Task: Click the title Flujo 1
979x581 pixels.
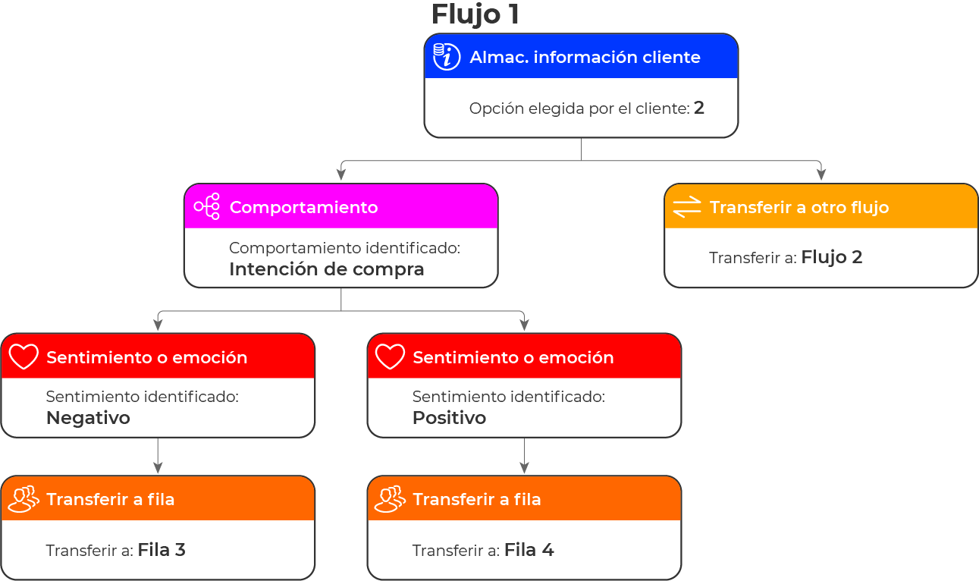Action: tap(475, 15)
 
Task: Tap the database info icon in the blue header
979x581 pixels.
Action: tap(446, 57)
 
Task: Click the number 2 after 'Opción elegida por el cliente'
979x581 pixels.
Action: tap(699, 108)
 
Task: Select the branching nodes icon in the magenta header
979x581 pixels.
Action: tap(207, 206)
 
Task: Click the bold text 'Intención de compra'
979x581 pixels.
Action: tap(327, 269)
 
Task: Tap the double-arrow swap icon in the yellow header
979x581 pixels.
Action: tap(686, 207)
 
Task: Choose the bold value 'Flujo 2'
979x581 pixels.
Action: tap(832, 257)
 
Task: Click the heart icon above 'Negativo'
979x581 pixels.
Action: tap(24, 356)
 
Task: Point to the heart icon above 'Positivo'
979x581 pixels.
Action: tap(390, 356)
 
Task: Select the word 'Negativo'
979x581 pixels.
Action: tap(88, 418)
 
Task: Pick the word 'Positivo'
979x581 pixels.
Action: tap(449, 418)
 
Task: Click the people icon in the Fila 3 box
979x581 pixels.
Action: tap(24, 499)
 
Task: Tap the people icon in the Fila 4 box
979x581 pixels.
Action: tap(390, 499)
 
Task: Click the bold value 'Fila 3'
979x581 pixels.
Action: tap(162, 550)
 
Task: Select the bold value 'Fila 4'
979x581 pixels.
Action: tap(529, 550)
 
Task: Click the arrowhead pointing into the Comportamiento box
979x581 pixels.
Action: tap(341, 175)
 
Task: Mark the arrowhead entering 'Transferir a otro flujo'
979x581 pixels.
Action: tap(821, 175)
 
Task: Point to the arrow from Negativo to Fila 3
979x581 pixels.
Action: tap(158, 456)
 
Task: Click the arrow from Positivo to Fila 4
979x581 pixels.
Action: tap(524, 456)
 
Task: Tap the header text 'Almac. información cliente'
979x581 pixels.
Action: tap(585, 58)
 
